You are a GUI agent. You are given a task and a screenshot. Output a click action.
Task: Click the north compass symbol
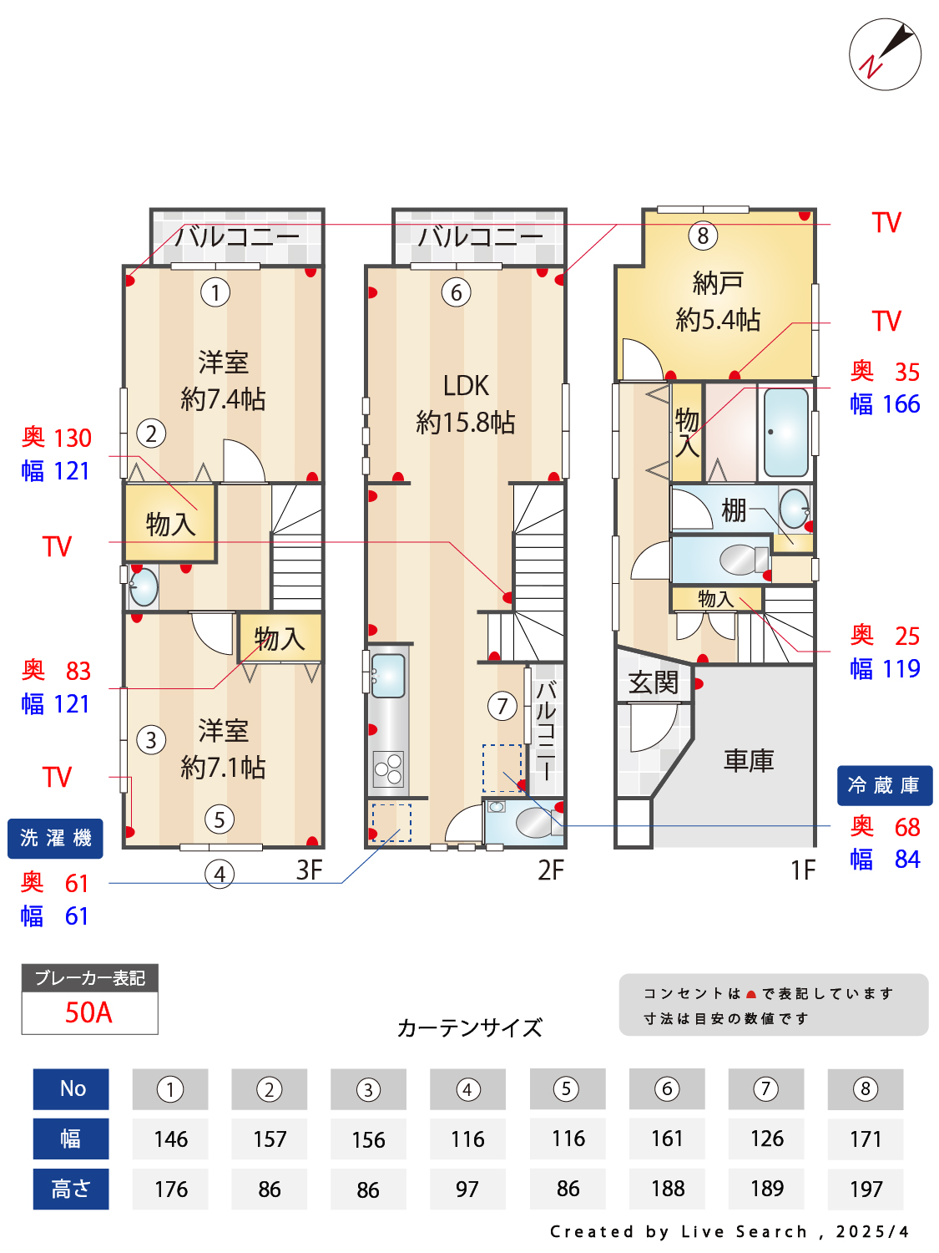(x=885, y=54)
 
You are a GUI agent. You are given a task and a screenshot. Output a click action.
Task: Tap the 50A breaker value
(x=88, y=1012)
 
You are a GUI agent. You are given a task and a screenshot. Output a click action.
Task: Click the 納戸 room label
(x=717, y=284)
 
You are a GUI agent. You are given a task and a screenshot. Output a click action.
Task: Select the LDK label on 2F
(x=466, y=386)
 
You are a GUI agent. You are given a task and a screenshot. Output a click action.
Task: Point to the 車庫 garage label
(x=749, y=760)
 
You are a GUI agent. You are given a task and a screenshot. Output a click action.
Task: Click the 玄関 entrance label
(x=654, y=682)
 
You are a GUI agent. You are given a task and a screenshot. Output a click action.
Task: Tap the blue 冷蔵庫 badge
(x=884, y=785)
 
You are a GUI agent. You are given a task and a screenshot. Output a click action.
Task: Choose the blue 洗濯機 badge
(x=55, y=838)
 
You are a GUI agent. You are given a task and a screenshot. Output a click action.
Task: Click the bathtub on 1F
(x=785, y=433)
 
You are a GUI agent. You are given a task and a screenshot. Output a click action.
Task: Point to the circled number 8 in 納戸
(x=703, y=236)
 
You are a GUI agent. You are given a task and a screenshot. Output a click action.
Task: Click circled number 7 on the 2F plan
(x=502, y=706)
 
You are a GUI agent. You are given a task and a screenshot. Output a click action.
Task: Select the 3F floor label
(x=309, y=870)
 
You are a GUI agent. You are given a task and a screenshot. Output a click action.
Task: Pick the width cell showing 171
(x=866, y=1139)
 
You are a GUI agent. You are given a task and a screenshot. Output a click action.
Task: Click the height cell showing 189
(x=766, y=1188)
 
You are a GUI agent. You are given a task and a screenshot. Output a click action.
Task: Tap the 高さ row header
(x=71, y=1188)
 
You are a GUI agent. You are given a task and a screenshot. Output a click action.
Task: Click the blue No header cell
(x=71, y=1088)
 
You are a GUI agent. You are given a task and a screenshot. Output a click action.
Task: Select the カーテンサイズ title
(x=469, y=1027)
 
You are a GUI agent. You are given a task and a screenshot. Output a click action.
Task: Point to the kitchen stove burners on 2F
(x=388, y=769)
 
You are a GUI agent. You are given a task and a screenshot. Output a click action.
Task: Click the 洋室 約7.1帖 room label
(x=223, y=748)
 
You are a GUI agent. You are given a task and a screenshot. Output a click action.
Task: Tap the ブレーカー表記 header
(x=89, y=977)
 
